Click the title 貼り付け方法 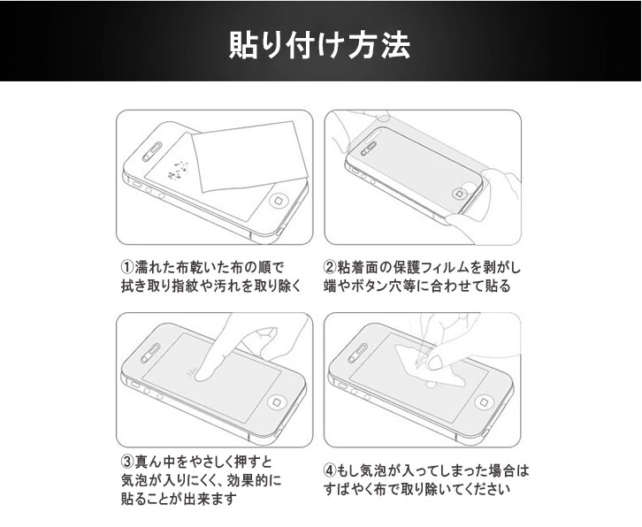coord(319,44)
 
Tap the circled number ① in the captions coord(127,267)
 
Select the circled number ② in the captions coord(330,267)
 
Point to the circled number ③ coord(127,462)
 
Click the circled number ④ coord(330,471)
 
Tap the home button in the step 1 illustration coord(279,201)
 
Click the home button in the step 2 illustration coord(461,193)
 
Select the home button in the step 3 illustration coord(278,401)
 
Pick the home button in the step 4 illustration coord(485,401)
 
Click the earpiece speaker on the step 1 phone coord(152,151)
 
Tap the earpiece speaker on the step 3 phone coord(151,353)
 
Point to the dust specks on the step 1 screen coord(178,170)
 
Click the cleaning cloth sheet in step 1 coord(249,157)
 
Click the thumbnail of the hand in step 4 coord(434,362)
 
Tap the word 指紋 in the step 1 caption coord(183,286)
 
